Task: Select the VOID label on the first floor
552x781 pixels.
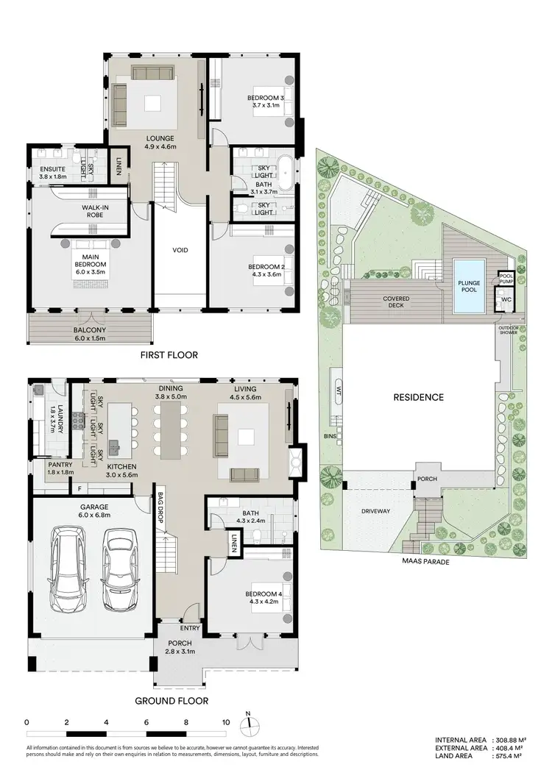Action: (x=180, y=250)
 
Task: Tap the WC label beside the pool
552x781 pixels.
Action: (x=506, y=300)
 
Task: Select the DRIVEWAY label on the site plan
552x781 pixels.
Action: (x=375, y=511)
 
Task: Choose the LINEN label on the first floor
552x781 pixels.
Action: (x=118, y=166)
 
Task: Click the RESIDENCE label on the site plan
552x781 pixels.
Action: (x=417, y=397)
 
